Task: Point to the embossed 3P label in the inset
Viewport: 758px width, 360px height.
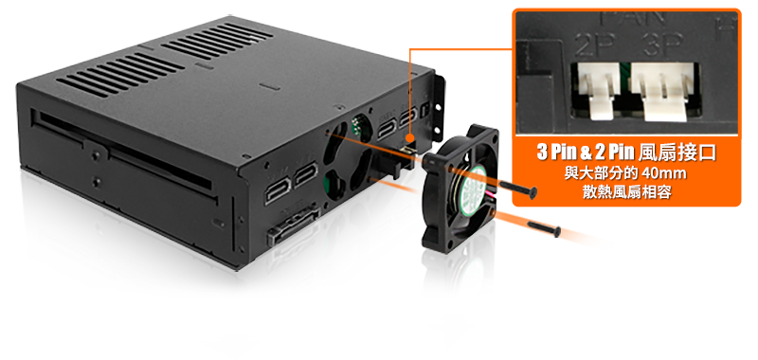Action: point(662,45)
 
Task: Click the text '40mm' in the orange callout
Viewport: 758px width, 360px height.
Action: point(664,173)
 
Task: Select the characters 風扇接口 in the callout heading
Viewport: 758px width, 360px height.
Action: point(677,153)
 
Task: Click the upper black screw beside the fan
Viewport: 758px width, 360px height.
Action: point(517,189)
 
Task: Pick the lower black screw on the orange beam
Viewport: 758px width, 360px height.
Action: point(544,228)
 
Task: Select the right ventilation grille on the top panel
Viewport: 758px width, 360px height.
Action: point(217,40)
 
